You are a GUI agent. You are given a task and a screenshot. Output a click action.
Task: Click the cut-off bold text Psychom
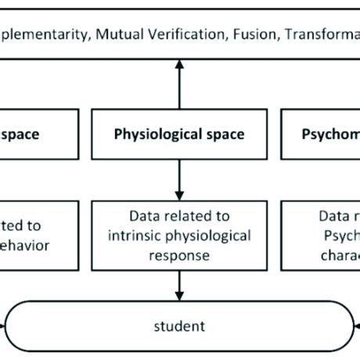point(330,135)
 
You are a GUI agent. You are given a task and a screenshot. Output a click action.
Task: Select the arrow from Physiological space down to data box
point(179,178)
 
